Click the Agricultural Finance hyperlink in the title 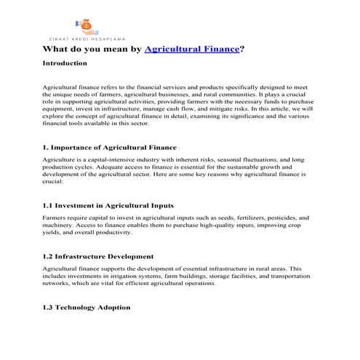pos(192,49)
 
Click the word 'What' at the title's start pos(57,49)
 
